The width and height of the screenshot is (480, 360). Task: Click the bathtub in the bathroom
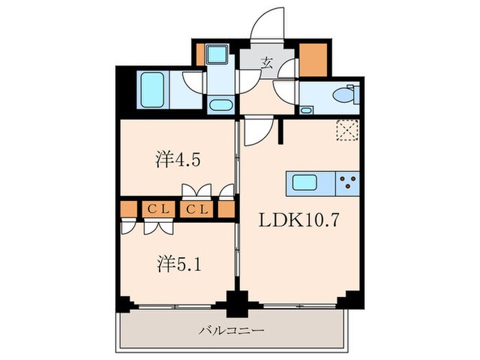[152, 88]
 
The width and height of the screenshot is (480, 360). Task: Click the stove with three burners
[348, 182]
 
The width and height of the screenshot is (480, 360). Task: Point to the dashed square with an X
[347, 129]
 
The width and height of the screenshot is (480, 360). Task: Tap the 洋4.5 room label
[177, 161]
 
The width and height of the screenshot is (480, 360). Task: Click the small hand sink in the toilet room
[306, 110]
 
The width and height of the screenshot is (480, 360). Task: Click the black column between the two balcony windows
[237, 300]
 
